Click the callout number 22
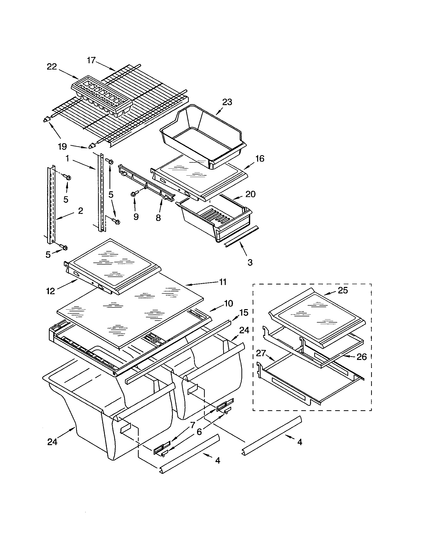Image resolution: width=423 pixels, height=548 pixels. (x=52, y=67)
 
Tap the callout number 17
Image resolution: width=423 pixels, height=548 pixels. (x=92, y=60)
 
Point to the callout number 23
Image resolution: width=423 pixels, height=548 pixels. (x=227, y=102)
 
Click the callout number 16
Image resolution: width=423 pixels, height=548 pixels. (x=260, y=159)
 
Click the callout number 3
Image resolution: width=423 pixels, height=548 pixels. (x=250, y=263)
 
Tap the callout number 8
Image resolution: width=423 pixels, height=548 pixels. (x=158, y=217)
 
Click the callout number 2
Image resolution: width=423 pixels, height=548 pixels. (x=80, y=211)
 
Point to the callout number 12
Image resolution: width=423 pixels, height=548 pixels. (x=50, y=291)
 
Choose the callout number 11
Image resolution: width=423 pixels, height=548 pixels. (x=222, y=282)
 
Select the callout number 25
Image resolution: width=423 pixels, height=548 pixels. (x=343, y=290)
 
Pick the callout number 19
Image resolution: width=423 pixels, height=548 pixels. (x=63, y=146)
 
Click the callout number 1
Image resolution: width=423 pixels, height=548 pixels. (x=67, y=158)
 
